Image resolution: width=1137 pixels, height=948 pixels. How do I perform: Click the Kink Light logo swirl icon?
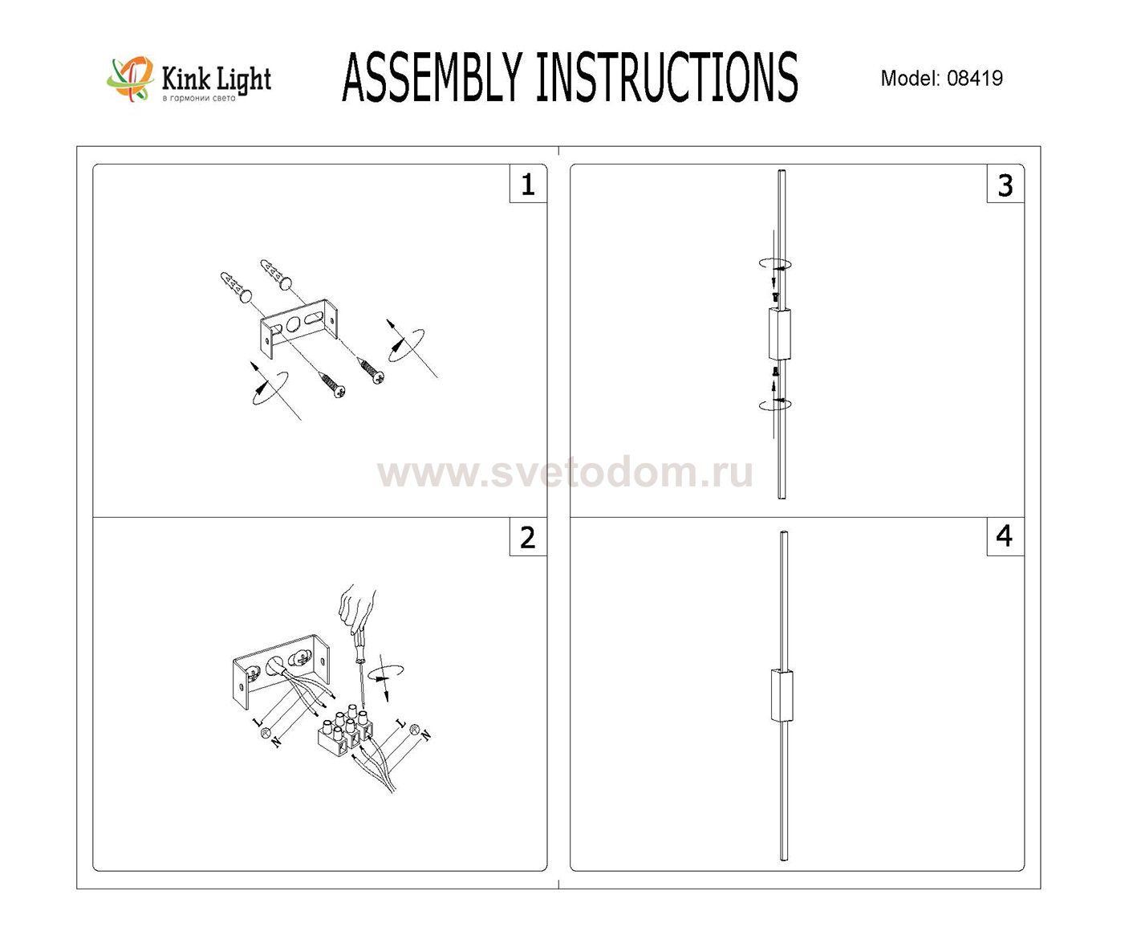pyautogui.click(x=130, y=79)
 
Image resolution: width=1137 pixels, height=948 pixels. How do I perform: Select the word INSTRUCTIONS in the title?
pyautogui.click(x=667, y=77)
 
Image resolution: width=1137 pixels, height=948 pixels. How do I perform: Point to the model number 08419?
pyautogui.click(x=975, y=79)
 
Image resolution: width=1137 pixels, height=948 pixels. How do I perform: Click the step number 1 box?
pyautogui.click(x=528, y=184)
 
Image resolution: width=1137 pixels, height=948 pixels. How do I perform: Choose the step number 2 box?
pyautogui.click(x=528, y=537)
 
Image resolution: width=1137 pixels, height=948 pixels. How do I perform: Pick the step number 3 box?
pyautogui.click(x=1005, y=184)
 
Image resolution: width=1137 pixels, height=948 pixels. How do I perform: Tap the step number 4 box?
pyautogui.click(x=1005, y=537)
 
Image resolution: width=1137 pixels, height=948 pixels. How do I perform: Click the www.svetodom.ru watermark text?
pyautogui.click(x=565, y=472)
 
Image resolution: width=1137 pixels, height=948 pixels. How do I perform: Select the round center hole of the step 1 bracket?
pyautogui.click(x=294, y=325)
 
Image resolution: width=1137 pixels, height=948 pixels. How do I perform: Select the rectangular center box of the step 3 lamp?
pyautogui.click(x=779, y=334)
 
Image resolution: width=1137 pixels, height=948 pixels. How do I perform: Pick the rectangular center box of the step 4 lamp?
pyautogui.click(x=782, y=696)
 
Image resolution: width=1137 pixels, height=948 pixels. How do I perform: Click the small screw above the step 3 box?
pyautogui.click(x=775, y=296)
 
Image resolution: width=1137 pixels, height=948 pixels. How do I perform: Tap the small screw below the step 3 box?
pyautogui.click(x=775, y=372)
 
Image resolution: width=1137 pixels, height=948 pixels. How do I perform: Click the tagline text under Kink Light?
pyautogui.click(x=199, y=99)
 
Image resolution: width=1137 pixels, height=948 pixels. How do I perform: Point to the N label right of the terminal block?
pyautogui.click(x=426, y=735)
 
